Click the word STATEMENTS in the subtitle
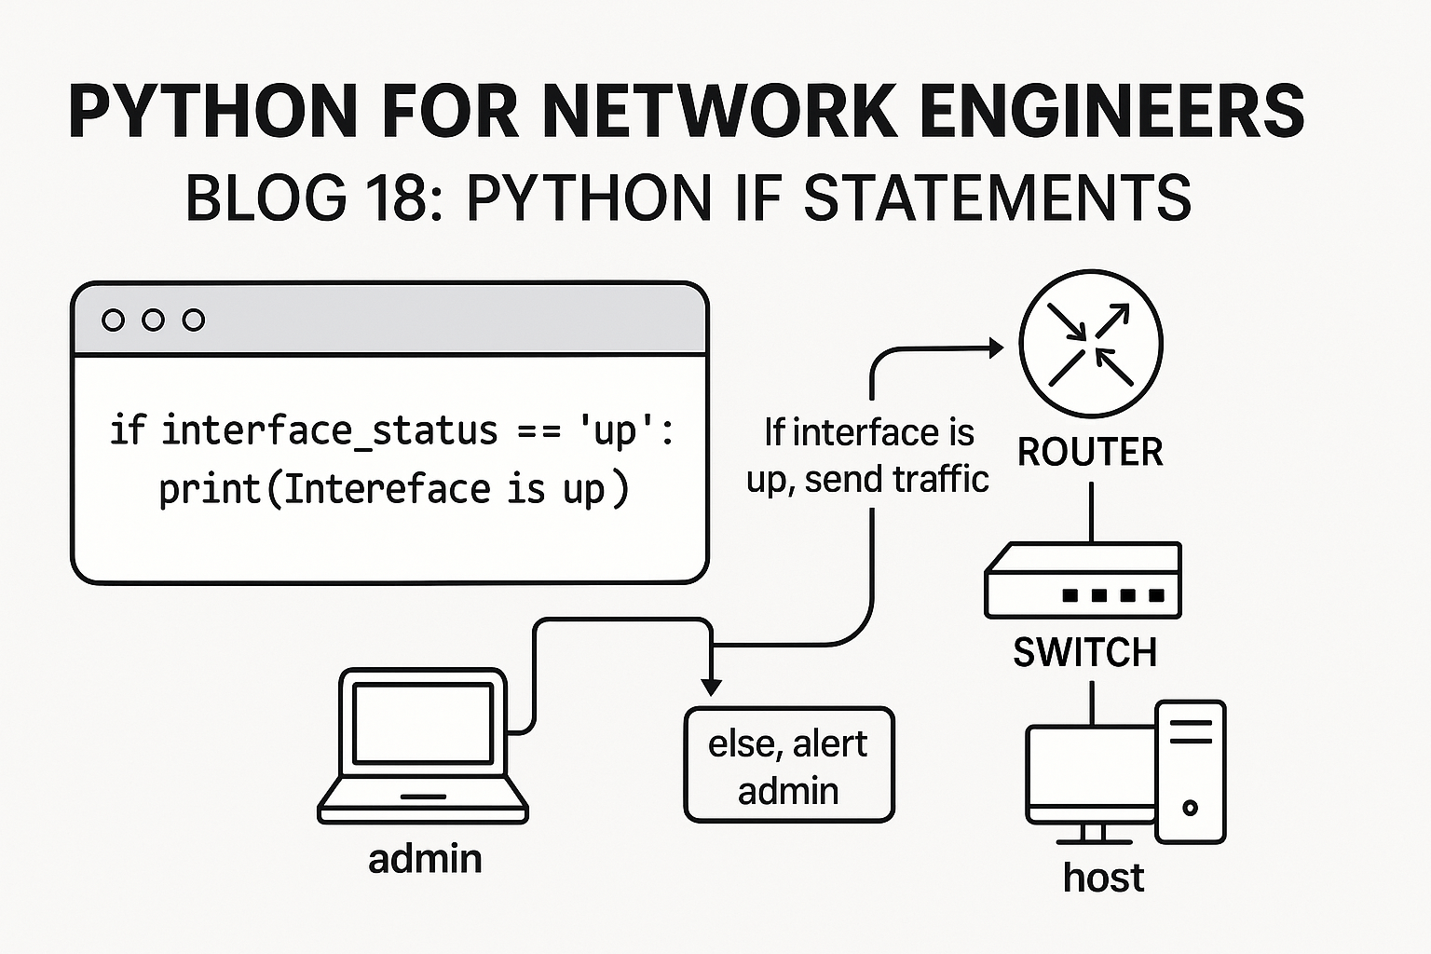997,198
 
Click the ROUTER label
1090,453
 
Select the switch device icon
1083,581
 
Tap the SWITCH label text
1084,652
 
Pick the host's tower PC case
1191,771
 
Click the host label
1103,878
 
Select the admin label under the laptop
425,859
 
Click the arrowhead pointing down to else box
712,688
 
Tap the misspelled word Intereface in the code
387,489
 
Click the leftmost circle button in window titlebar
113,320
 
